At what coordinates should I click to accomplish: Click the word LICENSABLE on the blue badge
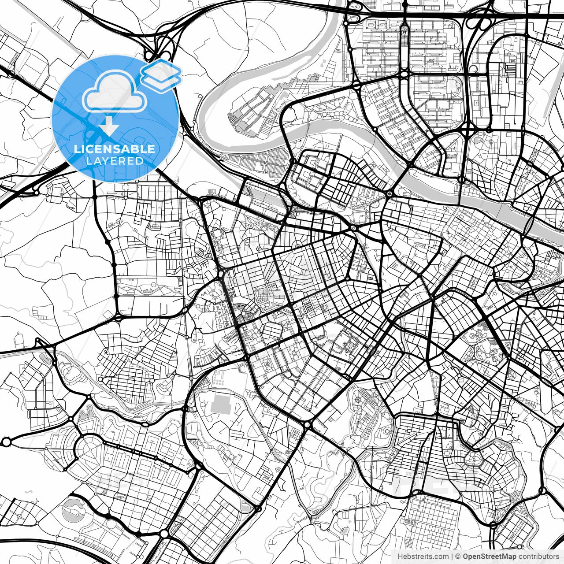115,149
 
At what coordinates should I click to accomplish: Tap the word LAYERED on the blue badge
115,161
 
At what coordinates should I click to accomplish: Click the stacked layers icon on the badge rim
161,72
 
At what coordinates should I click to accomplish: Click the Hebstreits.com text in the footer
423,557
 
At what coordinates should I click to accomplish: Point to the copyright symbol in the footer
458,557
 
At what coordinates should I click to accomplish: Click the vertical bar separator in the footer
452,557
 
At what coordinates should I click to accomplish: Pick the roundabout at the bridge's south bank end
390,194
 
